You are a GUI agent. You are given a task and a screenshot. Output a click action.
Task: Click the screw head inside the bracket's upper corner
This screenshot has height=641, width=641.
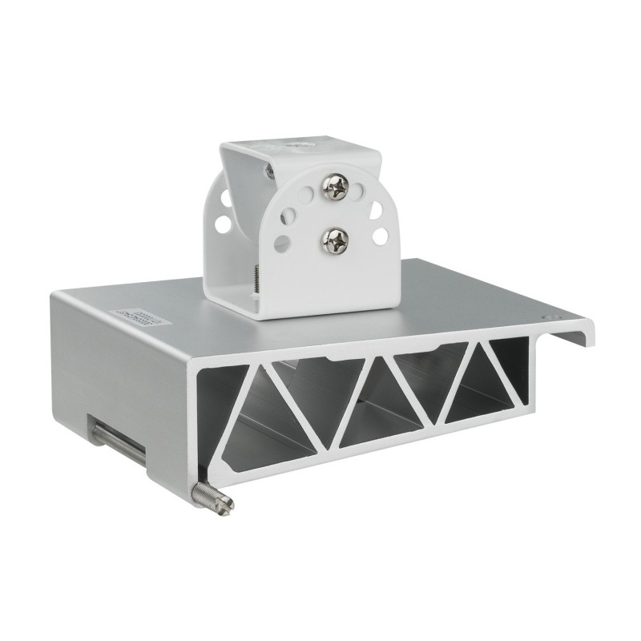pos(269,170)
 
